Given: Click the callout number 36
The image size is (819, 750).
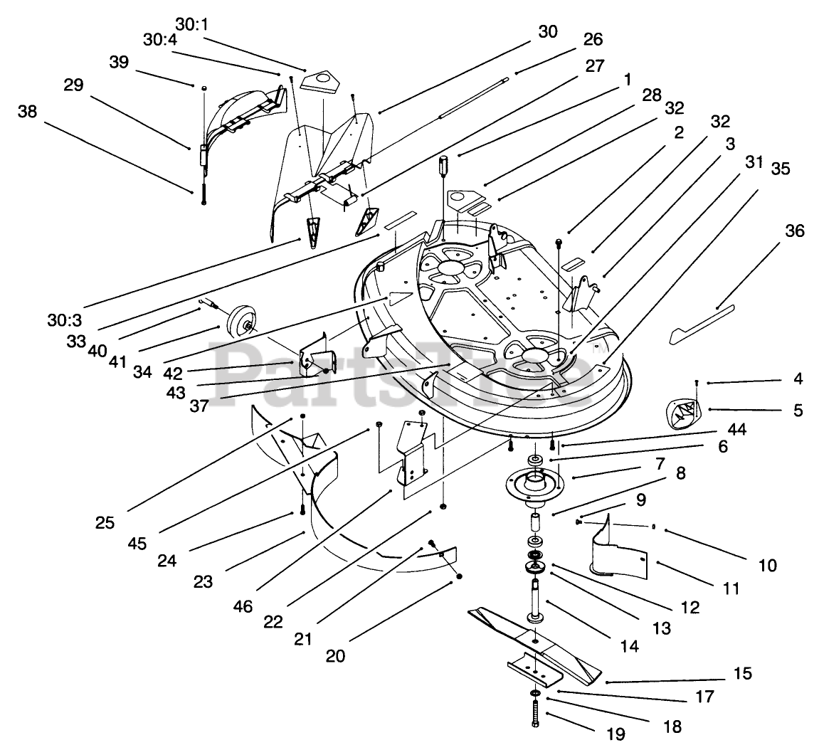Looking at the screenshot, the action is tap(794, 231).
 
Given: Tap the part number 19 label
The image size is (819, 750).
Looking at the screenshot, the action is tap(616, 734).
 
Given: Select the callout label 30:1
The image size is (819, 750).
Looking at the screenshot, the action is tap(191, 24).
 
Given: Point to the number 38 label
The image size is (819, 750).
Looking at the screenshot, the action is tap(28, 111).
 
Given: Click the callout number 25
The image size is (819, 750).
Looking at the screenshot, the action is tap(105, 522).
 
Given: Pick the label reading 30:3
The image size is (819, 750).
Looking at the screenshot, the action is tap(64, 319).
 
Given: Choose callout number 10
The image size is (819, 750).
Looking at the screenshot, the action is tap(767, 564).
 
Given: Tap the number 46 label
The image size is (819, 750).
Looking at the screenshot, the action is tap(243, 606).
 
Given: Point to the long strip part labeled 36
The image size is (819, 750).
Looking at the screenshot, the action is tap(702, 324).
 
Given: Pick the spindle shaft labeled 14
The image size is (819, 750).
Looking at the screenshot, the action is tap(535, 600).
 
